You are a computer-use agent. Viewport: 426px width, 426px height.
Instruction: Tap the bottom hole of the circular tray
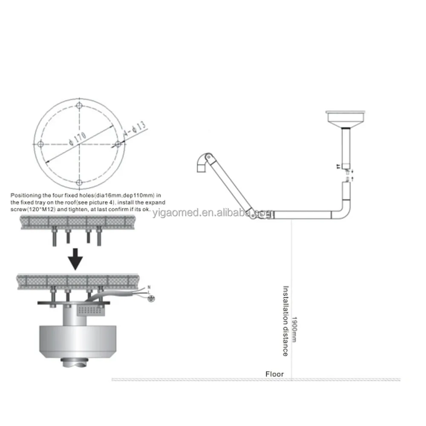(x=80, y=183)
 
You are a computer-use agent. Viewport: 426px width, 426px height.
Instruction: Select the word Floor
(x=274, y=374)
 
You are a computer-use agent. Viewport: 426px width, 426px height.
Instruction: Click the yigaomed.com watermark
(x=213, y=213)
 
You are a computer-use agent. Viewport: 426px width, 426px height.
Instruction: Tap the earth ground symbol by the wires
(x=149, y=299)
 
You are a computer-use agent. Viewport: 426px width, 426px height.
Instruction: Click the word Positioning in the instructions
(x=26, y=195)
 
